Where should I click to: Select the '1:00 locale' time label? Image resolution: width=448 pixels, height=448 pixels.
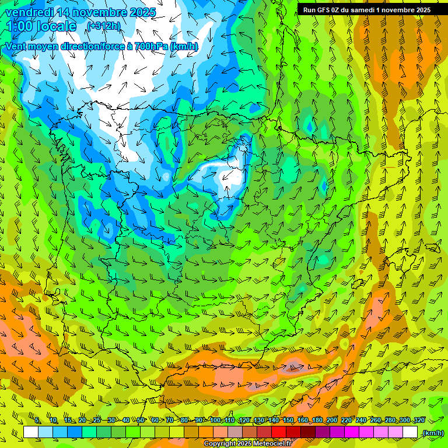point(43,26)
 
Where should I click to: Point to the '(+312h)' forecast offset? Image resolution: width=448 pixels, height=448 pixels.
point(103,26)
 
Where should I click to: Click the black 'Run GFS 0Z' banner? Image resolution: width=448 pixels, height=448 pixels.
point(366,9)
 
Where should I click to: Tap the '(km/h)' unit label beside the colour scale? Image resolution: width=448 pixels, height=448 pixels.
point(433,433)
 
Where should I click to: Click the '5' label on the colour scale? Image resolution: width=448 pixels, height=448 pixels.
point(37,421)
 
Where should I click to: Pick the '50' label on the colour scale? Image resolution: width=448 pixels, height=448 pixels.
point(141,421)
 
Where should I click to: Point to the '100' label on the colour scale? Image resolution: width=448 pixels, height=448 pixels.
point(215,421)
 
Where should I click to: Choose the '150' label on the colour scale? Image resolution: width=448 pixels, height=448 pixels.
point(288,421)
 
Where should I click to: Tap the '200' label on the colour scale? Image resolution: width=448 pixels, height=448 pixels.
point(332,421)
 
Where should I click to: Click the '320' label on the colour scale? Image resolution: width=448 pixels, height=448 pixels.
point(419,421)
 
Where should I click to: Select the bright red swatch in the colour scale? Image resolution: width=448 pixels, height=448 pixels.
point(279,432)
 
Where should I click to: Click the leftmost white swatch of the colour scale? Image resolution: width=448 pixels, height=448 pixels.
point(31,432)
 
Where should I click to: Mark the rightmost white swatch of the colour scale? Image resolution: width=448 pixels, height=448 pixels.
point(410,432)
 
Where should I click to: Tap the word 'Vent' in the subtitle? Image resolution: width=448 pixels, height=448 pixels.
point(16,47)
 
